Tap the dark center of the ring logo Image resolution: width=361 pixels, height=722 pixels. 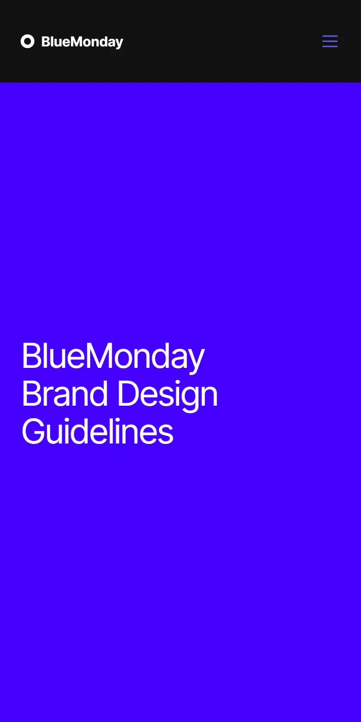coord(28,41)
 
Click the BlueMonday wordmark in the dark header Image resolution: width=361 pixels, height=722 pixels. coord(82,42)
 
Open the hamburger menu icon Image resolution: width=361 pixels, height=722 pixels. coord(330,41)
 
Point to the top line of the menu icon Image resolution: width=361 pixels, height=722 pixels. coord(330,36)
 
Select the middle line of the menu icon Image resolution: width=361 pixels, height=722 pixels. coord(330,41)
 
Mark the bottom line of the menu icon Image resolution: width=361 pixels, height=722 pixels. coord(330,46)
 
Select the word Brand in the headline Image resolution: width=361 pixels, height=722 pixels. coord(64,393)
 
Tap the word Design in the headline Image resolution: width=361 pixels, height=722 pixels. coord(168,396)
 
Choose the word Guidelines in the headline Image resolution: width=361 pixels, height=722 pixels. coord(97,431)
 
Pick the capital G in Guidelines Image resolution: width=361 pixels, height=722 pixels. coord(34,431)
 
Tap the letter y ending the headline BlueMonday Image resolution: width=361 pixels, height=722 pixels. coord(195,361)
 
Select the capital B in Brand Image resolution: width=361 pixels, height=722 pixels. coord(32,393)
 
